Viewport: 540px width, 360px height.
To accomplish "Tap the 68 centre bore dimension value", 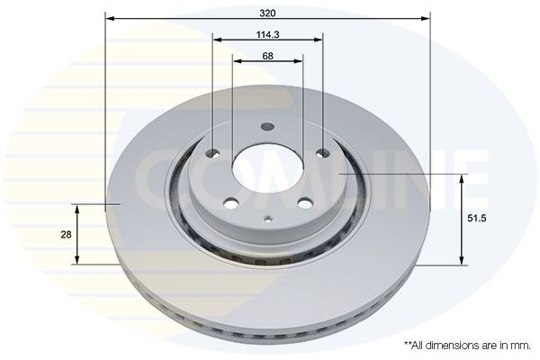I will (267, 55).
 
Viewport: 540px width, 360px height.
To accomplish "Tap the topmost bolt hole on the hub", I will (266, 127).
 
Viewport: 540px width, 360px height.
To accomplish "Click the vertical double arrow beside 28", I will (77, 233).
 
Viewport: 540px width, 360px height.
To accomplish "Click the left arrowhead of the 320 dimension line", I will (110, 18).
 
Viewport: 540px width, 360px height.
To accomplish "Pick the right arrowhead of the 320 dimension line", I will (426, 18).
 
